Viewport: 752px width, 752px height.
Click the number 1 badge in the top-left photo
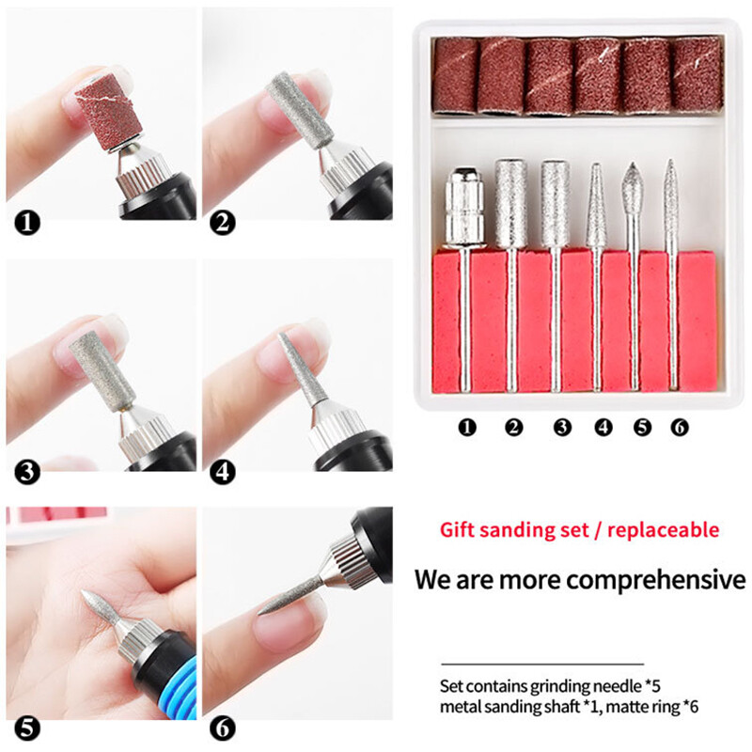(29, 224)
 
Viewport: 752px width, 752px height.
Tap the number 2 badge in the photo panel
(223, 224)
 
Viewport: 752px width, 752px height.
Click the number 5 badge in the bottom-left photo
(29, 727)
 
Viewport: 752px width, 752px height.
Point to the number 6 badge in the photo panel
(223, 727)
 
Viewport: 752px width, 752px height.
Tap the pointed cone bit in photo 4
(300, 372)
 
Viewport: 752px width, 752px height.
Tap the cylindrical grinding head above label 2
(509, 201)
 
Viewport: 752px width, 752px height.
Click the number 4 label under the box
(603, 428)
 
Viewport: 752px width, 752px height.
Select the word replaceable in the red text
(664, 529)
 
